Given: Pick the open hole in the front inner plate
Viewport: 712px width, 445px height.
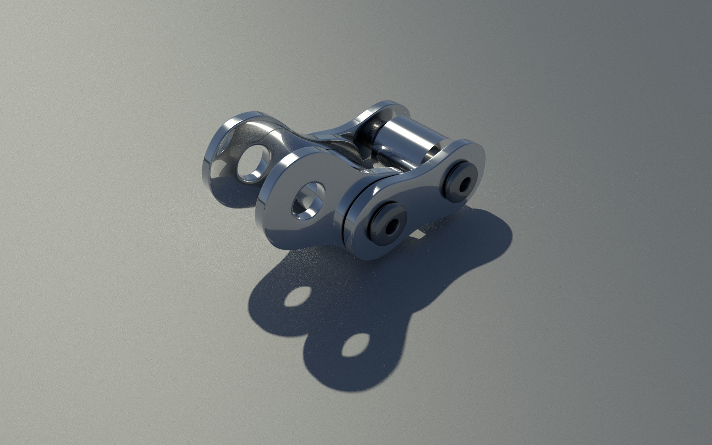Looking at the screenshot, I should click(x=309, y=200).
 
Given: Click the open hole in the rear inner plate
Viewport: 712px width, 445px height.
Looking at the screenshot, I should click(x=253, y=163).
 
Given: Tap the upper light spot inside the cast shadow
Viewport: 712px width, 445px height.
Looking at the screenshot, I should click(x=297, y=297).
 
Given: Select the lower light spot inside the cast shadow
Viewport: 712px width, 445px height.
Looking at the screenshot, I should click(x=355, y=345).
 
